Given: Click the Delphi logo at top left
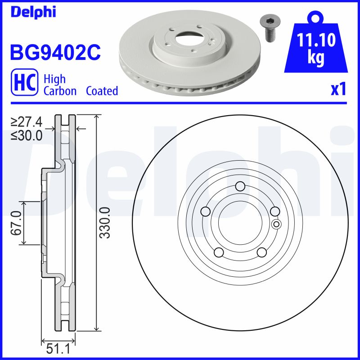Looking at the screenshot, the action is pyautogui.click(x=33, y=12).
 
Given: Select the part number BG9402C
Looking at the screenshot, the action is pyautogui.click(x=55, y=52).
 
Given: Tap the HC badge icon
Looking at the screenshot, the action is pyautogui.click(x=25, y=82).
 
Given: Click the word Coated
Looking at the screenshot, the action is pyautogui.click(x=102, y=91).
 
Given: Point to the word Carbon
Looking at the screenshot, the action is pyautogui.click(x=60, y=91).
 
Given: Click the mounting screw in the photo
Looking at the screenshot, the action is pyautogui.click(x=269, y=29).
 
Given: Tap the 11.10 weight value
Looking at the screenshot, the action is pyautogui.click(x=316, y=40).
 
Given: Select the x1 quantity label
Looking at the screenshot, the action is pyautogui.click(x=338, y=89).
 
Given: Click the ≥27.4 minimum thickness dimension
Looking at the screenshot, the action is pyautogui.click(x=27, y=121).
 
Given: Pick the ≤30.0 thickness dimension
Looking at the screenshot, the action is pyautogui.click(x=27, y=135).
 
